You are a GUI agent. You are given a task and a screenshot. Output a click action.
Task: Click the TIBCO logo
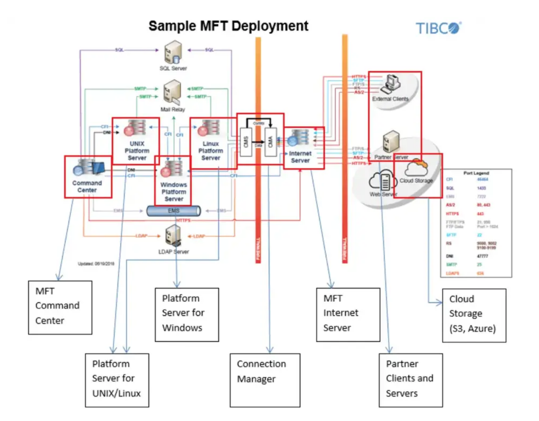438,28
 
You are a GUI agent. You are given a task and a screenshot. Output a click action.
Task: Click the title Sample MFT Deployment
228,26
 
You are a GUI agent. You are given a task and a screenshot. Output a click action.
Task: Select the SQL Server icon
173,53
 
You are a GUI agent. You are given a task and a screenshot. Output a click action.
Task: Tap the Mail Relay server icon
172,92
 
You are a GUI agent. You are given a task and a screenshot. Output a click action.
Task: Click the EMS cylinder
174,210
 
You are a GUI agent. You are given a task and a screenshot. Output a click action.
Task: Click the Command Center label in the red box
87,186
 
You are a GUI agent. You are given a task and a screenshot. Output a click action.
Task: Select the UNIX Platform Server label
137,151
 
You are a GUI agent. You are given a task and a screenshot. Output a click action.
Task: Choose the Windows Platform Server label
174,192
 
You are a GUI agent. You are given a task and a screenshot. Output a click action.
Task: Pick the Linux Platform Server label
211,151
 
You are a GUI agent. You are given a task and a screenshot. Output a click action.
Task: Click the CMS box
246,142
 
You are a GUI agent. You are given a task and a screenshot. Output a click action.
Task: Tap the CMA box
270,142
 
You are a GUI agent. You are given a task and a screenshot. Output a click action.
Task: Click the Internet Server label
300,157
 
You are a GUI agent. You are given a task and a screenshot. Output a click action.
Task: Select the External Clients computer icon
391,84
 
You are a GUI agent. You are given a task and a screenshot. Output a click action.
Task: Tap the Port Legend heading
476,173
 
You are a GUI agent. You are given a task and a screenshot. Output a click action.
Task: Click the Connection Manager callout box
265,380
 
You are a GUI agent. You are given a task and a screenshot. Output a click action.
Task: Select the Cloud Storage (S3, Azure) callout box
474,315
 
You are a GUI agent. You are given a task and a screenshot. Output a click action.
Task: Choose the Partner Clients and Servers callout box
411,380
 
